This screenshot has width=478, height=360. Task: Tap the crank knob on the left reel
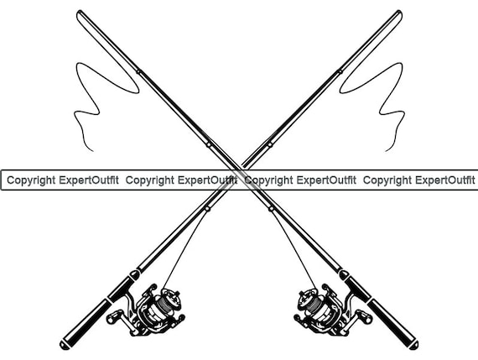click(111, 319)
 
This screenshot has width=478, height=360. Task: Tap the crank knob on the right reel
click(367, 319)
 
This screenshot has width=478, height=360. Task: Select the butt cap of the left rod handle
click(65, 345)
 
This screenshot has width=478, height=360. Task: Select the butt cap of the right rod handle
click(413, 345)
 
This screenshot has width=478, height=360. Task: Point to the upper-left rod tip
click(79, 13)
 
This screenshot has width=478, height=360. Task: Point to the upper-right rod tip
click(399, 13)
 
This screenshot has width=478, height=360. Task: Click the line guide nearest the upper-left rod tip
click(138, 72)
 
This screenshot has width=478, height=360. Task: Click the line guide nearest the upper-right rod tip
click(340, 71)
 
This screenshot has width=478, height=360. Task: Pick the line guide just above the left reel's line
click(207, 209)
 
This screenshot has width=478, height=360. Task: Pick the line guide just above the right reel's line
click(271, 209)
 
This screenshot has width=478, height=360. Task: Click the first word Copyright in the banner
click(31, 180)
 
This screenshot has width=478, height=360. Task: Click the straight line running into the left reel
click(185, 249)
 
